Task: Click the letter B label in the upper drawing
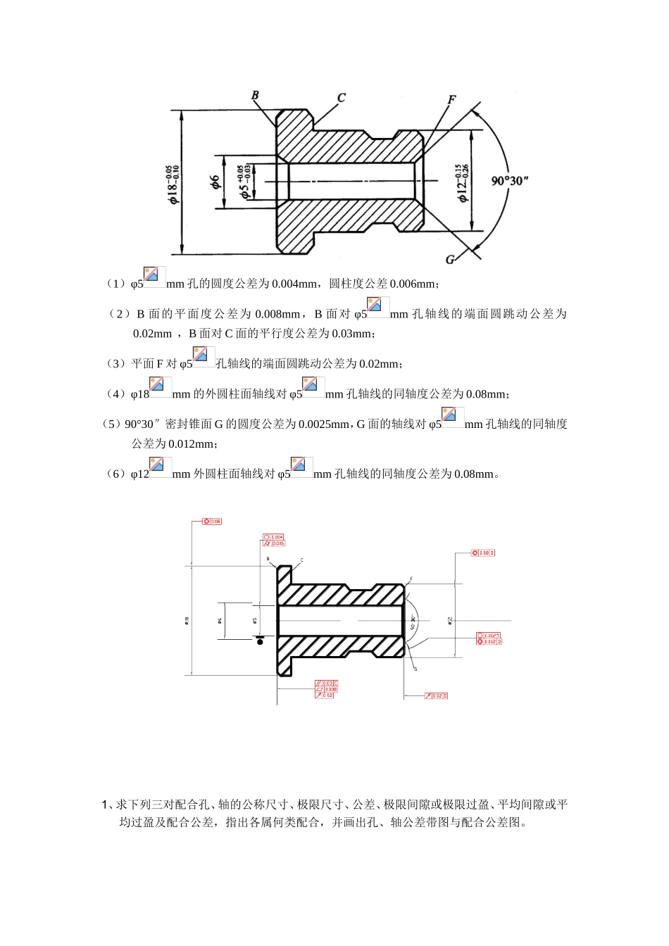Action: tap(255, 96)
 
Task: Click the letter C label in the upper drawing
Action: tap(341, 98)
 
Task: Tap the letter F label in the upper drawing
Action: tap(451, 100)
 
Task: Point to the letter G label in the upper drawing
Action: tap(450, 260)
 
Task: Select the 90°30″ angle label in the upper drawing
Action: tap(510, 181)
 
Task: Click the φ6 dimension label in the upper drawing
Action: tap(215, 182)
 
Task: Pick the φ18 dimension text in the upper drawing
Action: tap(173, 184)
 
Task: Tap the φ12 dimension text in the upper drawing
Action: tap(463, 182)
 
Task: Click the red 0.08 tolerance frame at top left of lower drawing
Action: tap(212, 522)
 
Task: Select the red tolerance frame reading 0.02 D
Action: tap(437, 696)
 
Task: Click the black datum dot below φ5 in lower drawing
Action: tap(261, 641)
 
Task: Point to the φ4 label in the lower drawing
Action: tap(220, 620)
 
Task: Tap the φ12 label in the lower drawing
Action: tap(450, 620)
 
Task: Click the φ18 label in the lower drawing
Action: tap(187, 620)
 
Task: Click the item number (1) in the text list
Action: tap(115, 284)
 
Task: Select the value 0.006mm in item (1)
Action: tap(413, 284)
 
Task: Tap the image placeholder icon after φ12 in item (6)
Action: tap(161, 467)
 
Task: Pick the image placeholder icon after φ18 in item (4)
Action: tap(161, 387)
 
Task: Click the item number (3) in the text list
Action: tap(115, 364)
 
